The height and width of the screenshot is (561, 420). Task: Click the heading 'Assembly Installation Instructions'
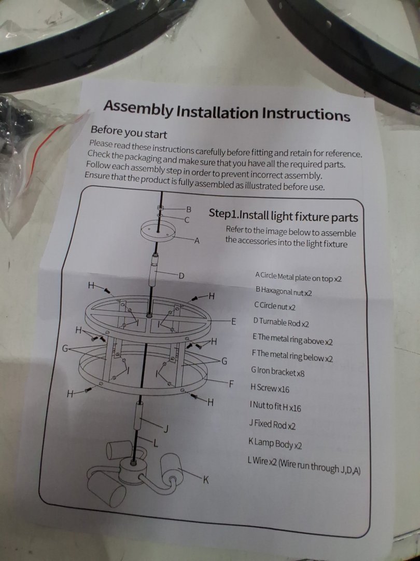pyautogui.click(x=227, y=111)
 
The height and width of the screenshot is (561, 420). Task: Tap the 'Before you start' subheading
pyautogui.click(x=129, y=132)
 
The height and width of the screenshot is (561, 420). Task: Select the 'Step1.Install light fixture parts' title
pyautogui.click(x=284, y=217)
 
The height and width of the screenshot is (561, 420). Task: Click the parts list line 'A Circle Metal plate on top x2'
pyautogui.click(x=299, y=277)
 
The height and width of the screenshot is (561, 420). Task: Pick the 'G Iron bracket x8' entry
pyautogui.click(x=278, y=372)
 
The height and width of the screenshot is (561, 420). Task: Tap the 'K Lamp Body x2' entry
pyautogui.click(x=275, y=445)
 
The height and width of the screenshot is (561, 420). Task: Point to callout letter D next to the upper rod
pyautogui.click(x=181, y=276)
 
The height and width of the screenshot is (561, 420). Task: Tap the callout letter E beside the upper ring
pyautogui.click(x=234, y=321)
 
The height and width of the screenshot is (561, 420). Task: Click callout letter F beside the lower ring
pyautogui.click(x=231, y=384)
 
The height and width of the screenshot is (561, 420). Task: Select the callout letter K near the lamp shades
pyautogui.click(x=205, y=480)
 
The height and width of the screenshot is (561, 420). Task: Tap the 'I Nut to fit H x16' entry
pyautogui.click(x=276, y=407)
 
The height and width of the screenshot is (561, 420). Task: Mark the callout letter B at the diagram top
pyautogui.click(x=189, y=208)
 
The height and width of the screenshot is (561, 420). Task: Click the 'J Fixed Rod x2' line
pyautogui.click(x=273, y=425)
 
